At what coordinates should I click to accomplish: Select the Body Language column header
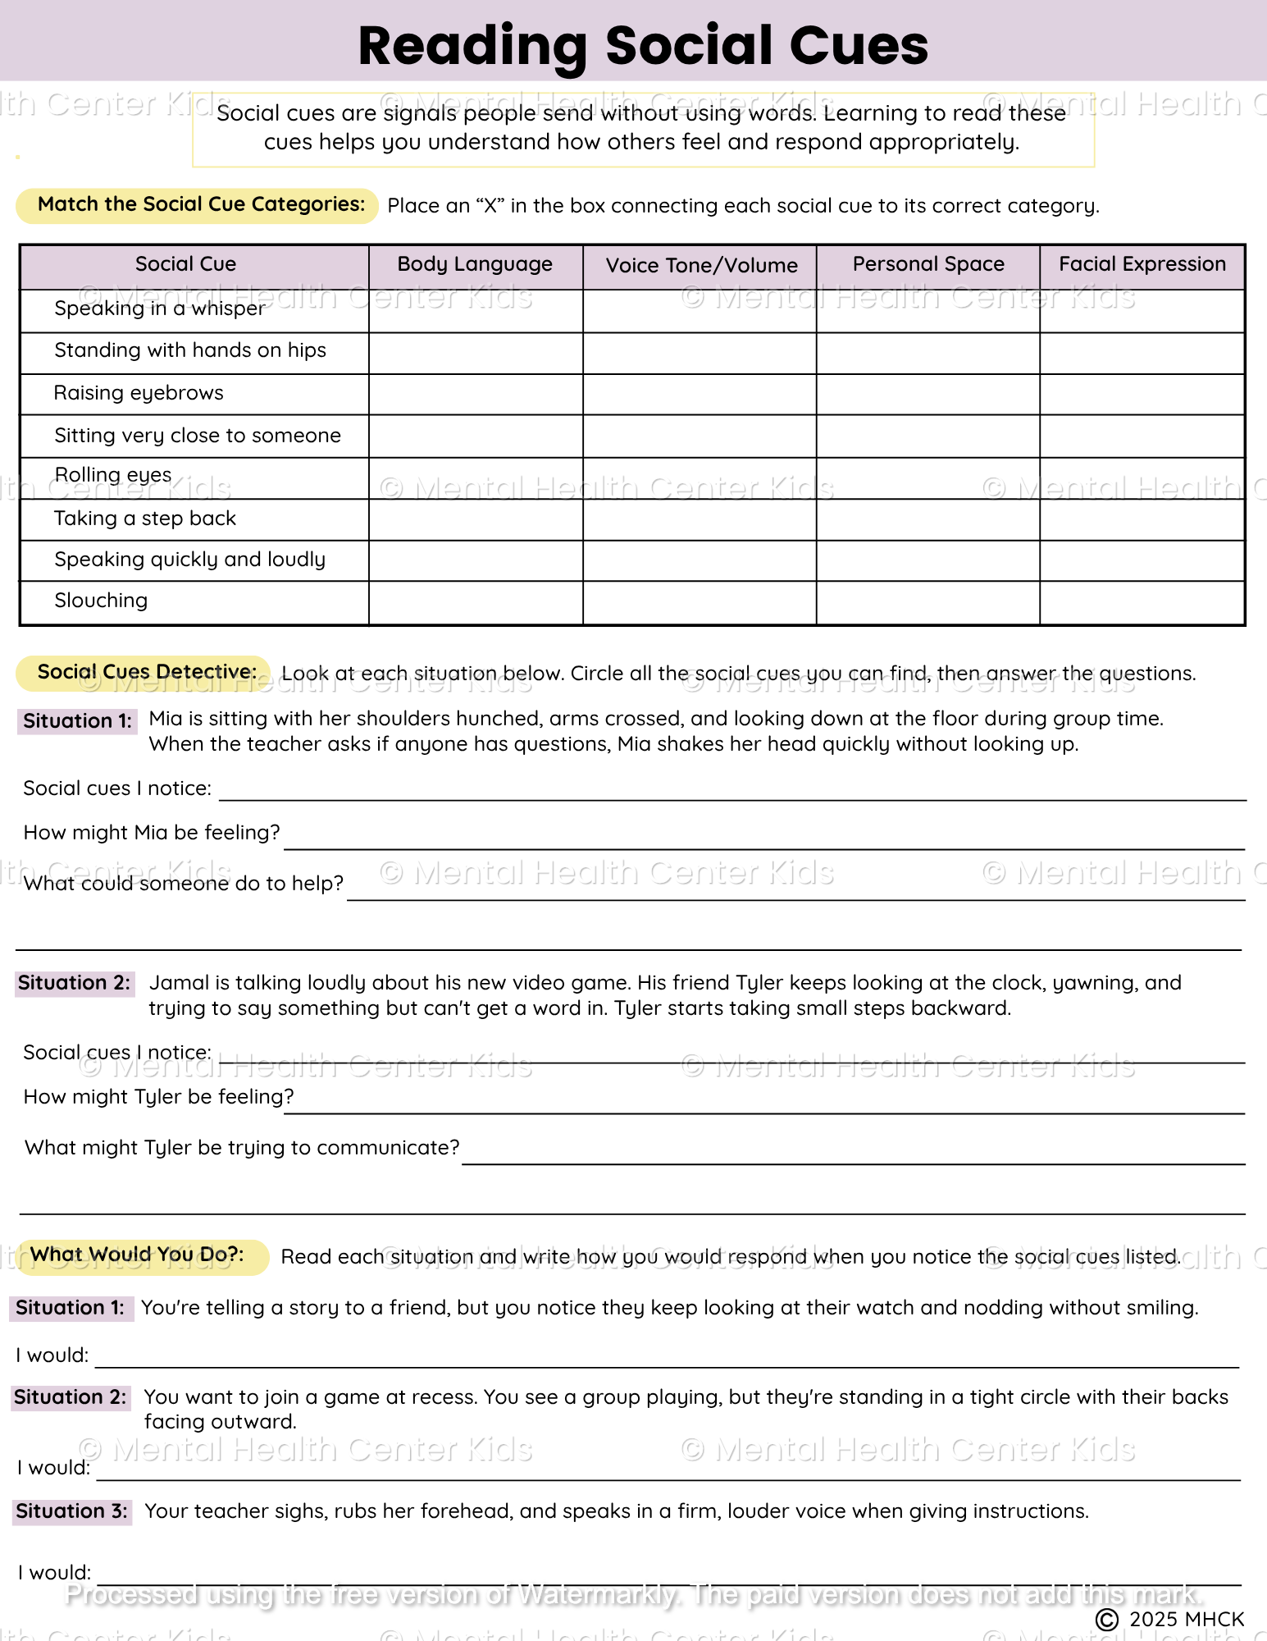click(x=475, y=264)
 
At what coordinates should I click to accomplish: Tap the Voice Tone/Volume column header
click(x=701, y=265)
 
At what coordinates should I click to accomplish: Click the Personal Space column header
click(x=928, y=264)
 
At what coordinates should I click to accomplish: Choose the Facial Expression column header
click(x=1142, y=264)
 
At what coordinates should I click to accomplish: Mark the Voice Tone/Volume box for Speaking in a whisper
click(x=700, y=310)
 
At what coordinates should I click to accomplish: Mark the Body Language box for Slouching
click(x=476, y=602)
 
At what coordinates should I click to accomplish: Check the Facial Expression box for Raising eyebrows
click(x=1142, y=395)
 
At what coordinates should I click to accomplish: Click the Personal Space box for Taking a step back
click(x=928, y=519)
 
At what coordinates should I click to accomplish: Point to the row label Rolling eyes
click(x=113, y=476)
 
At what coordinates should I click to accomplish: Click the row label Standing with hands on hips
click(x=190, y=350)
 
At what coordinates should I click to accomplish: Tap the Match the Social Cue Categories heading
click(x=201, y=204)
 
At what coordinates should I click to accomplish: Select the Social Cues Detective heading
click(x=146, y=672)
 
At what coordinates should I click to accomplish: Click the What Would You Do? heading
click(x=137, y=1255)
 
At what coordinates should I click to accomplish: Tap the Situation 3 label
click(x=72, y=1511)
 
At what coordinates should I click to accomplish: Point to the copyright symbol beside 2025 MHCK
click(x=1107, y=1619)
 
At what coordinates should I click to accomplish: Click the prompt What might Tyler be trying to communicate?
click(x=242, y=1148)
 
